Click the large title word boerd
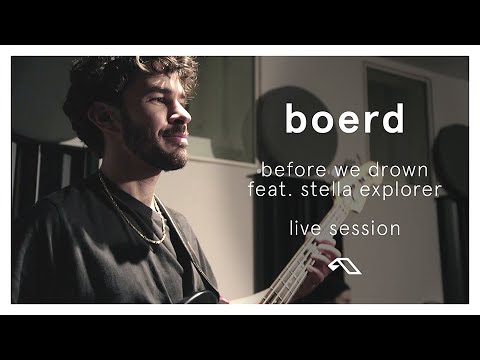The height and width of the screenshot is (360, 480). (343, 117)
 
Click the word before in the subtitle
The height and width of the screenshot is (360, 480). (289, 167)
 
